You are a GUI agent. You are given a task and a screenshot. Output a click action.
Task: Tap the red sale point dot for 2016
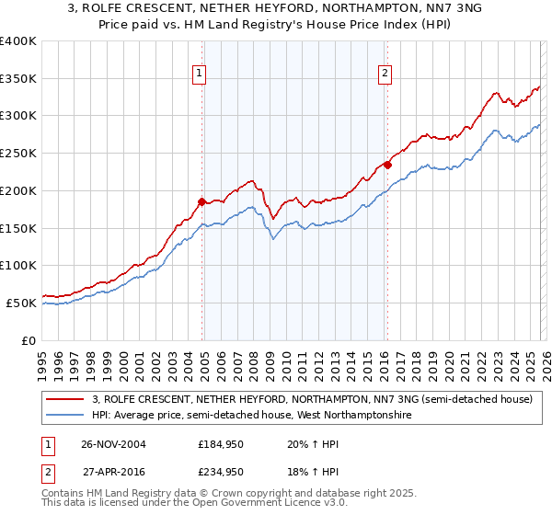pos(388,165)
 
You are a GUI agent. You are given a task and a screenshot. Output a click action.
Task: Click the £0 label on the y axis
pos(29,340)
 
